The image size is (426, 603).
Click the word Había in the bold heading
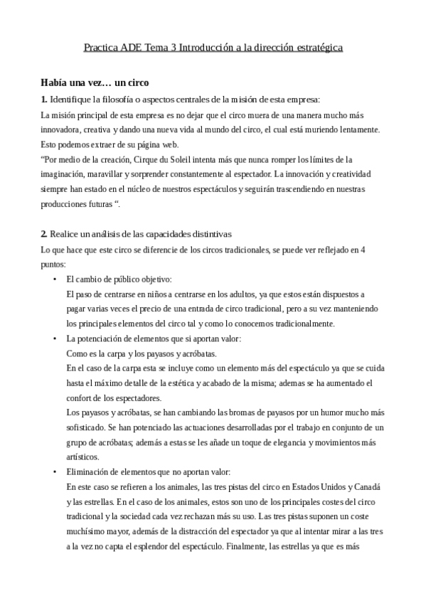pyautogui.click(x=55, y=82)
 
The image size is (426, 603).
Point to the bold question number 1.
pyautogui.click(x=43, y=99)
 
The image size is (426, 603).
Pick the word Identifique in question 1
pyautogui.click(x=71, y=99)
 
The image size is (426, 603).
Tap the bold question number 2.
pyautogui.click(x=43, y=234)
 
